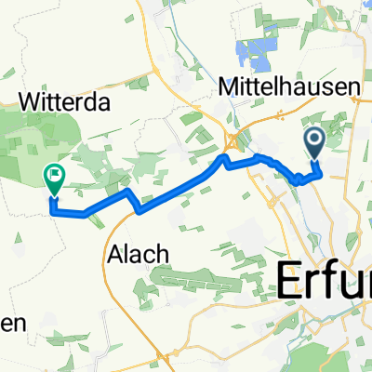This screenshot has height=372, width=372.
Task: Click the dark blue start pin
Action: [x=313, y=141]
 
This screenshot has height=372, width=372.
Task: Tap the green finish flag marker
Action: [x=54, y=176]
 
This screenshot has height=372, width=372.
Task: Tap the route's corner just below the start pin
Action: [x=317, y=173]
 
